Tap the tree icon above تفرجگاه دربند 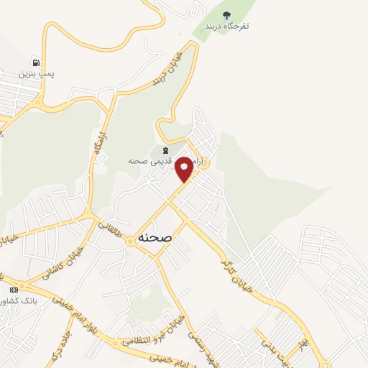pos(226,15)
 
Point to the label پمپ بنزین pos(37,73)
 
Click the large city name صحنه pos(153,236)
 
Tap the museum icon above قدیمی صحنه pos(166,150)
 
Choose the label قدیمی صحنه pos(149,162)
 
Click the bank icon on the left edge pos(12,289)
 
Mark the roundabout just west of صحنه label pos(129,241)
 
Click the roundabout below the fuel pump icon pos(37,103)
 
